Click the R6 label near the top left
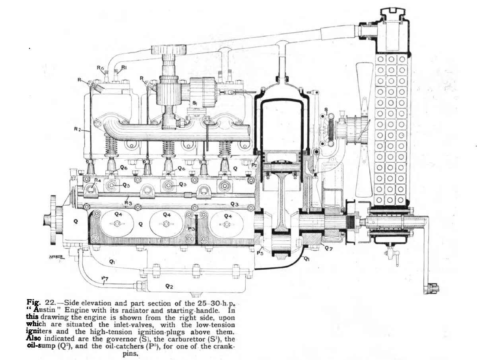pyautogui.click(x=100, y=68)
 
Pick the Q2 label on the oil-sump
pyautogui.click(x=169, y=286)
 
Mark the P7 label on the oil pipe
pyautogui.click(x=105, y=278)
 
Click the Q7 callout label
pyautogui.click(x=328, y=249)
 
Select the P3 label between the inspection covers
pyautogui.click(x=191, y=229)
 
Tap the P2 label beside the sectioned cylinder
pyautogui.click(x=254, y=164)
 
